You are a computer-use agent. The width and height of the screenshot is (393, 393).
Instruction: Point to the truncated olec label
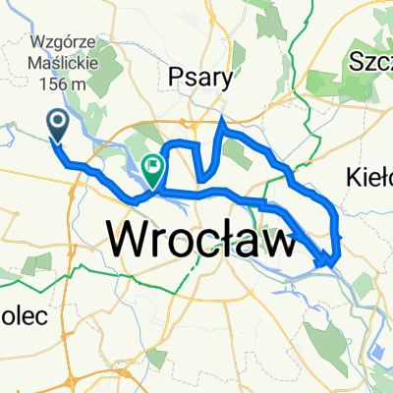tap(17, 292)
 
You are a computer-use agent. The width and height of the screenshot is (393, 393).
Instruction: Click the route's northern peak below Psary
tap(222, 120)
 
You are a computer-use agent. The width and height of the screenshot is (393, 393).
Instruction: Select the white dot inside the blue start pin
tap(57, 122)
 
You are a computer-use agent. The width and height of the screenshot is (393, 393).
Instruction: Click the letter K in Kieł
tap(356, 177)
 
